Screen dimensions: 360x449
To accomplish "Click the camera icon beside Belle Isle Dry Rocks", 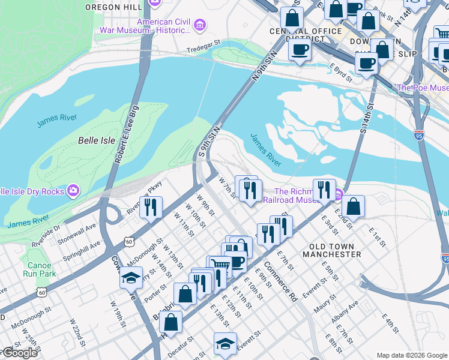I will [73, 190].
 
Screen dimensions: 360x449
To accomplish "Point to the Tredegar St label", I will [203, 50].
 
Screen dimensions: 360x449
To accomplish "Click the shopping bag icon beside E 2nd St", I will [354, 206].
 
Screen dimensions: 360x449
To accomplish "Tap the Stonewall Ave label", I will [77, 227].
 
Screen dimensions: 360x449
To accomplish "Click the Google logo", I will [19, 353].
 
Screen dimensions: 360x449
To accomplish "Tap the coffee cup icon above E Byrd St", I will [300, 49].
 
